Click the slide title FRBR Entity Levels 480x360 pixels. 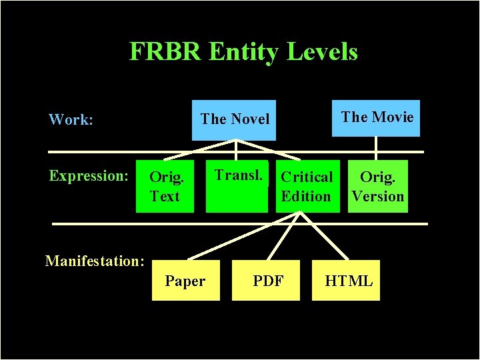point(243,51)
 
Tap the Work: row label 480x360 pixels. point(71,120)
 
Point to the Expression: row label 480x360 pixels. point(88,176)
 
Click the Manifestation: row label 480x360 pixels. point(95,261)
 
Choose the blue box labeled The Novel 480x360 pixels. point(234,119)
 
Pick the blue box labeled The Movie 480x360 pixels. point(377,118)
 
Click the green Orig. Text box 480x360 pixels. point(165,187)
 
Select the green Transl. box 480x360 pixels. point(237,187)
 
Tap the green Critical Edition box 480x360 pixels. point(306,187)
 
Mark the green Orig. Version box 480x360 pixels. point(378,187)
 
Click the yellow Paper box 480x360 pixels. point(185,281)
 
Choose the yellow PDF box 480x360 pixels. point(268,281)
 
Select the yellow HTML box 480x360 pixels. point(348,281)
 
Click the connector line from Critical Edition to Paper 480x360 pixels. point(243,235)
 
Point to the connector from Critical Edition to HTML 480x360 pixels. point(325,235)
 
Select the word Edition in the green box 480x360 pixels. point(306,197)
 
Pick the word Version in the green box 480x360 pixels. point(378,197)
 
